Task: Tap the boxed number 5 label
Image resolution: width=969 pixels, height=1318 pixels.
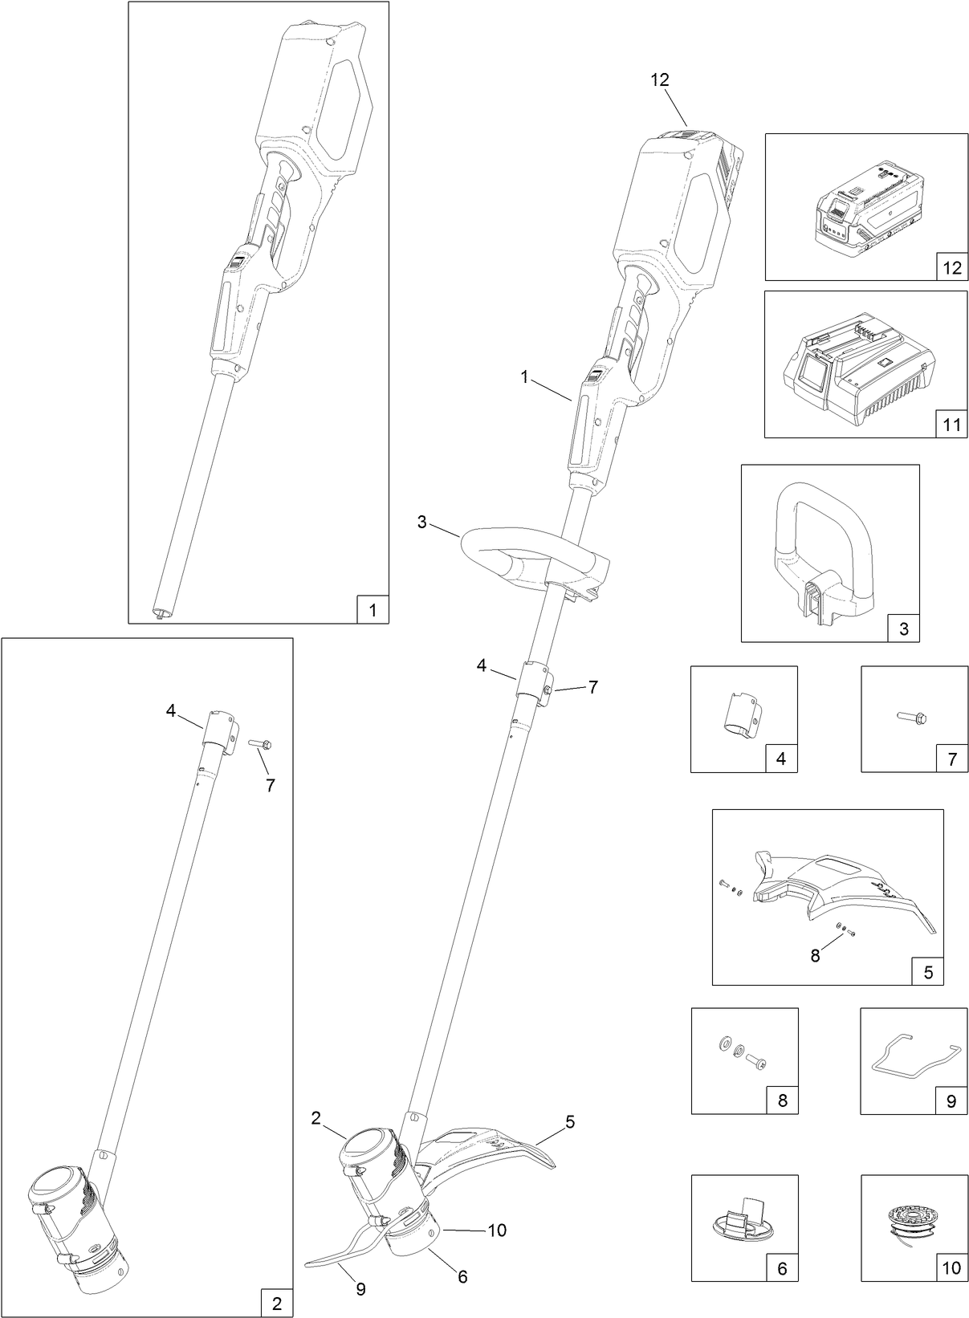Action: [928, 972]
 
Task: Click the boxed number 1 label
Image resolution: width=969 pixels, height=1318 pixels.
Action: [372, 610]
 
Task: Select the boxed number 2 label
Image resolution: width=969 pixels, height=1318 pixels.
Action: [277, 1304]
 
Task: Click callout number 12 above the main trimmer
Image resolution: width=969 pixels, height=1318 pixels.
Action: [661, 79]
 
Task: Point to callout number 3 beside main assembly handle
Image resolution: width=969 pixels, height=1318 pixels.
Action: [422, 523]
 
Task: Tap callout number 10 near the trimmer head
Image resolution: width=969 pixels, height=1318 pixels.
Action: [497, 1229]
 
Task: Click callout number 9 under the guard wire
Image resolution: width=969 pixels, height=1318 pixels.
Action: [360, 1289]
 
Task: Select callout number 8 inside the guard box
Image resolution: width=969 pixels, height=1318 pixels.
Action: [815, 955]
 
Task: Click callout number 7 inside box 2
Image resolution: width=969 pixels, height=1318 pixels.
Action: [270, 786]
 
